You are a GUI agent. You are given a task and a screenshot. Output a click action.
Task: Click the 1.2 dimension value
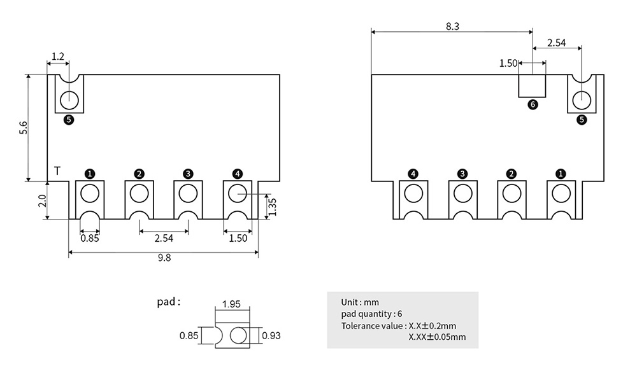(57, 57)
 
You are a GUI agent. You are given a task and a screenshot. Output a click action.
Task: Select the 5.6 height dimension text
(24, 127)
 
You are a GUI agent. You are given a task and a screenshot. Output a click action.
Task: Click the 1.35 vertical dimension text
(272, 206)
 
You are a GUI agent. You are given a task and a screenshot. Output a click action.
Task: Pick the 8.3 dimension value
(452, 26)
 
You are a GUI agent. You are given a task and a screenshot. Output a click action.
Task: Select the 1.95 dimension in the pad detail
(231, 304)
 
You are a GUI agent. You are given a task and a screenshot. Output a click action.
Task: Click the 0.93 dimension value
(271, 336)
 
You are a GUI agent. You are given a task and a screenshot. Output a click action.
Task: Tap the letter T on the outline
(57, 171)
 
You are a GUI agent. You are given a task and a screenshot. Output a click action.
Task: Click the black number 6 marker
(533, 105)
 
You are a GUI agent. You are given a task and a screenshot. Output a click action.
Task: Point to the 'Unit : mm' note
(360, 302)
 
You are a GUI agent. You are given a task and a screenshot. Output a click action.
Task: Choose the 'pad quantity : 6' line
(371, 314)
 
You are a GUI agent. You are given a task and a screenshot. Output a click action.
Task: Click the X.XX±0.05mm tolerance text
(437, 337)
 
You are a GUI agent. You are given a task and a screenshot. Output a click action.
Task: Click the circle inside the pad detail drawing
(239, 335)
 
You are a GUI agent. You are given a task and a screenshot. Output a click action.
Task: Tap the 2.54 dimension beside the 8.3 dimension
(556, 43)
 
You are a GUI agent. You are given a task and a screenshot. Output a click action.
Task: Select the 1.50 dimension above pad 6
(508, 63)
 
